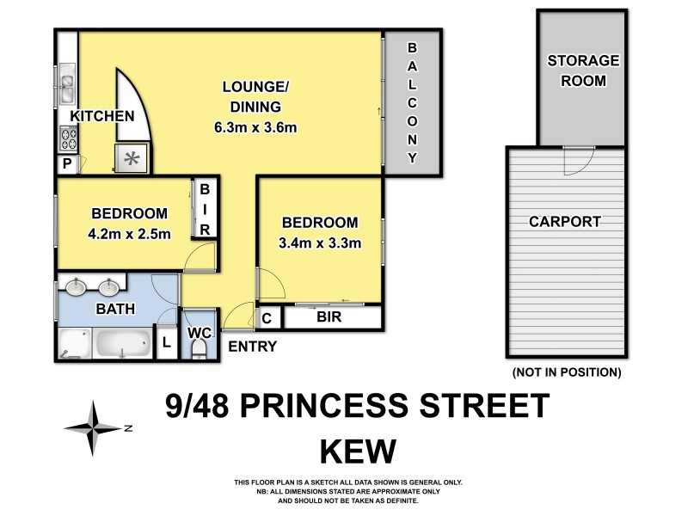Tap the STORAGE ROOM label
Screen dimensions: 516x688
click(x=583, y=71)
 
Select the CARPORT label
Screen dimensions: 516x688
click(x=564, y=221)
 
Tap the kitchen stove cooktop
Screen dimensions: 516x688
click(x=68, y=138)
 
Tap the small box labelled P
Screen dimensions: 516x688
click(x=66, y=164)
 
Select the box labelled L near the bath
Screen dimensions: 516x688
click(x=166, y=343)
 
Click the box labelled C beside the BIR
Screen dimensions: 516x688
click(x=267, y=317)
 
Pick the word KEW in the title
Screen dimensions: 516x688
click(x=358, y=451)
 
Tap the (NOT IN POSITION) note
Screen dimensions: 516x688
click(x=566, y=372)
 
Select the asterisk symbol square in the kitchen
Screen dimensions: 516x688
click(x=132, y=158)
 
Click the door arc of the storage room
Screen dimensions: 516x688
click(x=574, y=157)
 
